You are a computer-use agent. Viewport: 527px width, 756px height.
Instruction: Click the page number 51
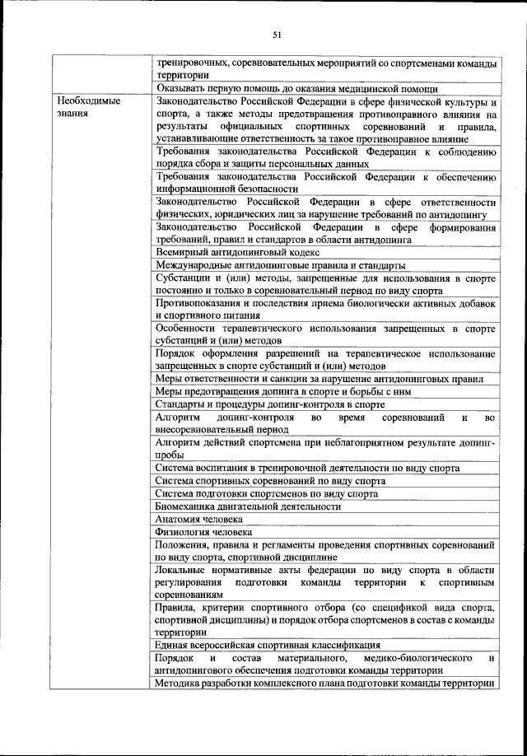pos(277,35)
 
